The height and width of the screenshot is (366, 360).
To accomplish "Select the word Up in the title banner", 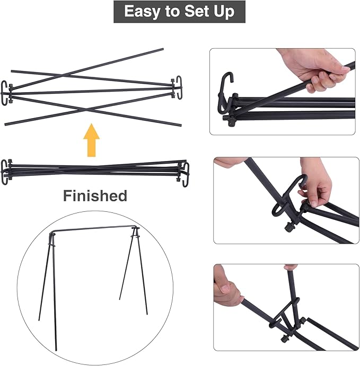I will (x=223, y=11).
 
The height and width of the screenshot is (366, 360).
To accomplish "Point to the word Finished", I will (x=95, y=195).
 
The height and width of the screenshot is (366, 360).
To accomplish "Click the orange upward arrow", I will (x=92, y=139).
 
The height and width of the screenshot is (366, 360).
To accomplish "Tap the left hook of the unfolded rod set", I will (x=8, y=92).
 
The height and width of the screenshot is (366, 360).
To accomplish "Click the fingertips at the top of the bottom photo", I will (x=290, y=267).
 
